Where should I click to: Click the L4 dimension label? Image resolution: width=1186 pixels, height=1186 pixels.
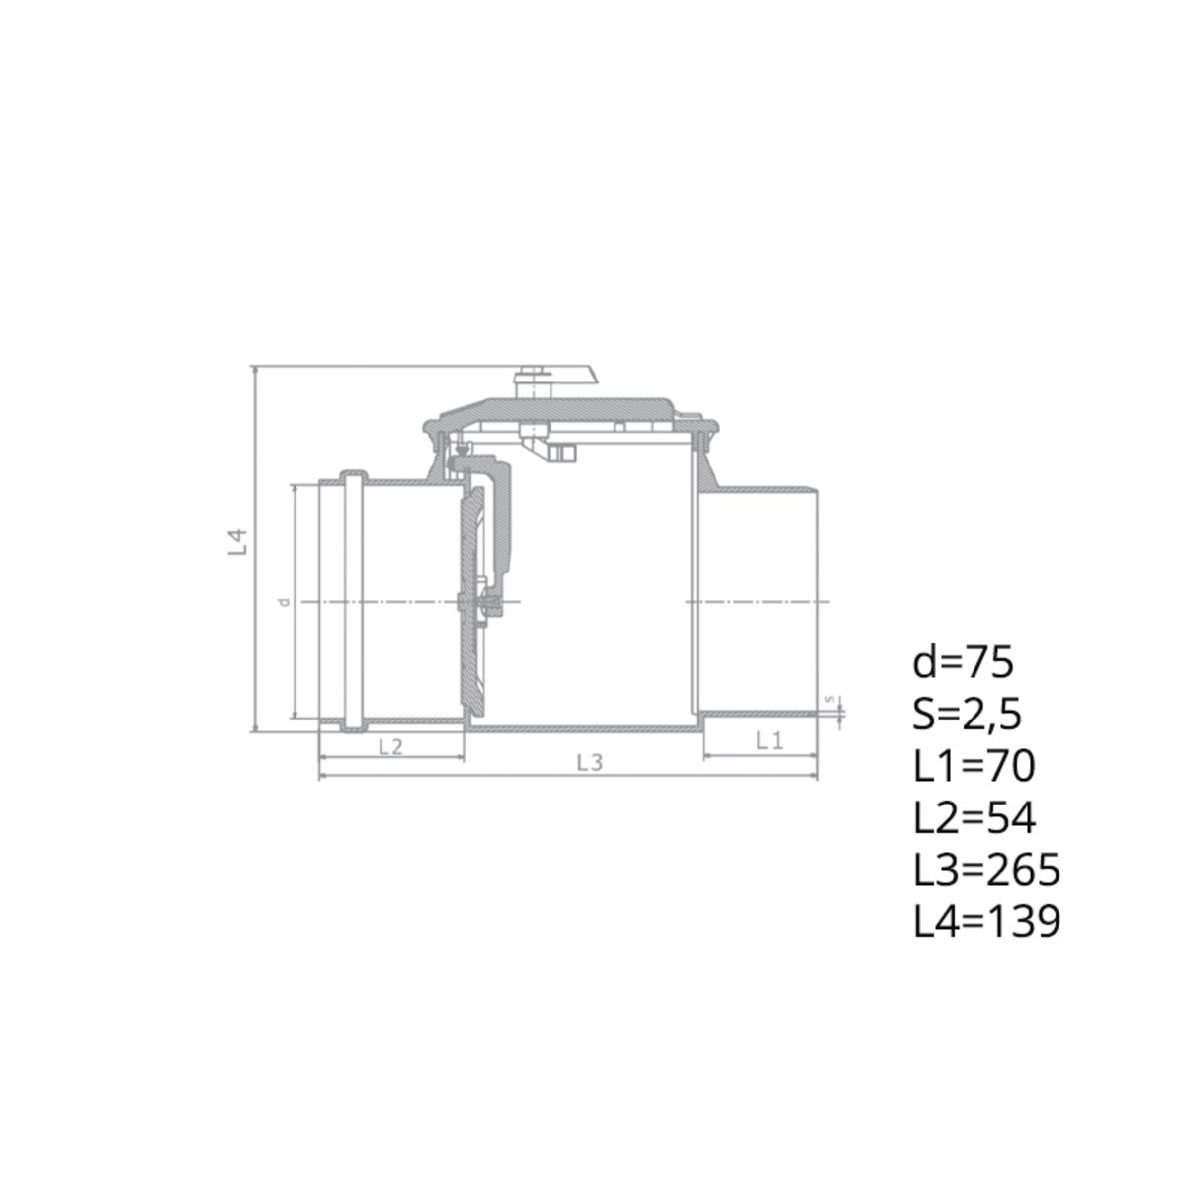pos(237,542)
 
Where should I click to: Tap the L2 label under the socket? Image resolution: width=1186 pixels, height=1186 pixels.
pos(390,746)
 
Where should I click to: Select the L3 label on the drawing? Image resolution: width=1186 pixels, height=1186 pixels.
pos(590,763)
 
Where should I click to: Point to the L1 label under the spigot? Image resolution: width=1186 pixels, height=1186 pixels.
pos(769,741)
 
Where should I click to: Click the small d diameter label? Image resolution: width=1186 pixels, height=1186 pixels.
pos(284,601)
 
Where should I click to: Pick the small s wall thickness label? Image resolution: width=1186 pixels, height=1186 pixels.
pos(829,699)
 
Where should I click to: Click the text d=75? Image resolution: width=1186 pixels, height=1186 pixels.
pos(963,664)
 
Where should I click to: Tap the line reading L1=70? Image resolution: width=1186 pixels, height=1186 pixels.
pos(974,767)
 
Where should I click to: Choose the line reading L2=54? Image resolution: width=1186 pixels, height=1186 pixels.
pos(974,818)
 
